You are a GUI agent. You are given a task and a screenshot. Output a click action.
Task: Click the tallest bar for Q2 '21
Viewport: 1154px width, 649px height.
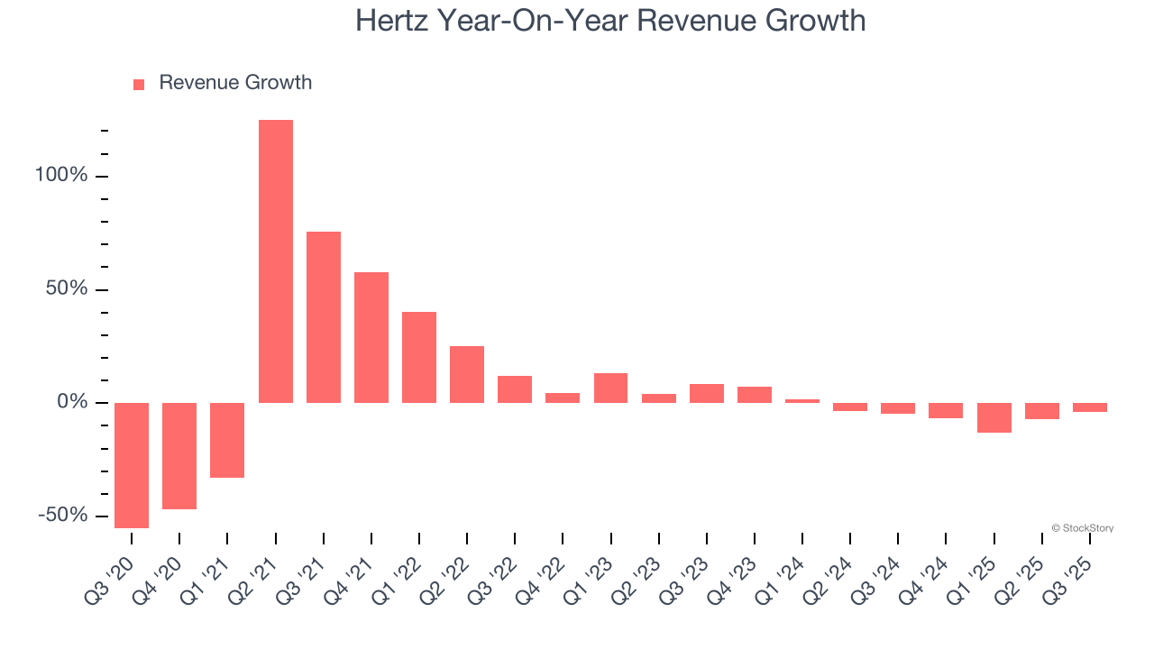point(276,261)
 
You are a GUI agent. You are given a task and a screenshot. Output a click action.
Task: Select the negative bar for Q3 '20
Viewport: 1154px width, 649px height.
point(132,464)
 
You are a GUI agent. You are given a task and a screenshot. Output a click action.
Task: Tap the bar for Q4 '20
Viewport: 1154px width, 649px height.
point(179,455)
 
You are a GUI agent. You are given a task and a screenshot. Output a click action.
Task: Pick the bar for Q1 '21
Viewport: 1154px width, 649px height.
point(227,440)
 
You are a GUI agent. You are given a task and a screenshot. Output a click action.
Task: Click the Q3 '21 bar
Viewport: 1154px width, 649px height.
point(324,317)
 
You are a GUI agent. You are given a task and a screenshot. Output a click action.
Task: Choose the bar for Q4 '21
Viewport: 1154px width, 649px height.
point(371,337)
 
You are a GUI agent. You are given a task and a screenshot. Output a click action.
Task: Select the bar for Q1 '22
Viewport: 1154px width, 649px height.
point(419,357)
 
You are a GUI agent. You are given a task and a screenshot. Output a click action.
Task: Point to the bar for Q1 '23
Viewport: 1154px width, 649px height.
point(610,388)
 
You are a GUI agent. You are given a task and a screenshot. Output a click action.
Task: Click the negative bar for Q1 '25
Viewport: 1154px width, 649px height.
point(994,417)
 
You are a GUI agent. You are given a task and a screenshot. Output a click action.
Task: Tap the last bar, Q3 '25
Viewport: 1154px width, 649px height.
point(1089,407)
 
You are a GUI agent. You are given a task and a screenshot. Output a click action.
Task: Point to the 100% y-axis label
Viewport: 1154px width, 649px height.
point(61,175)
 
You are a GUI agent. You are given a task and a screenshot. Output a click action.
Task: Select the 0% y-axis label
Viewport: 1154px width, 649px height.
point(72,402)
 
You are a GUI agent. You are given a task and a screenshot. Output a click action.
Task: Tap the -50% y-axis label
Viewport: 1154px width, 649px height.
point(63,515)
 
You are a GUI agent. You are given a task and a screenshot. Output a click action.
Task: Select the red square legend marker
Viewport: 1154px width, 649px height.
point(139,85)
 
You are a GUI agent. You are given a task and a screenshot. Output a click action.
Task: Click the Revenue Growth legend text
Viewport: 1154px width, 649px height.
point(235,83)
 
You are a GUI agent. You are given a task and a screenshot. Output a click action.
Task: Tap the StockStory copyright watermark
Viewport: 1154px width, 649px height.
point(1082,528)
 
